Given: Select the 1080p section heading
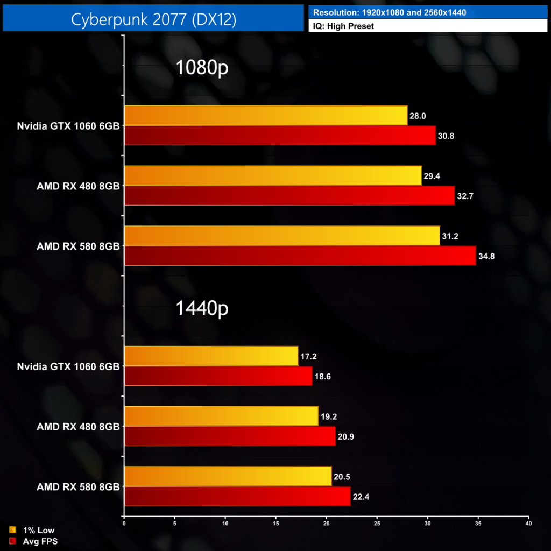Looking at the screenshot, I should [202, 68].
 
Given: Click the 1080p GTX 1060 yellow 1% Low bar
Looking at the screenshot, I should [266, 115].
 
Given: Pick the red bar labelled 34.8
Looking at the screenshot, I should [300, 256].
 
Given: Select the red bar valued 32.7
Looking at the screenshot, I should [289, 195].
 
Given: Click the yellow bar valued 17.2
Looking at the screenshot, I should [211, 356].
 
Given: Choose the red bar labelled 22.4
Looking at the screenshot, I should [237, 496].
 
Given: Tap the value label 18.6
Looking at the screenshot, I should [323, 376].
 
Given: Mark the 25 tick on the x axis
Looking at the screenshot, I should [377, 522].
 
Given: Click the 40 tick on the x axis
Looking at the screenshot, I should [529, 522].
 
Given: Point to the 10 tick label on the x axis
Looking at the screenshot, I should [225, 522].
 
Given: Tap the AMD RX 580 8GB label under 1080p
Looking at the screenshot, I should [78, 246].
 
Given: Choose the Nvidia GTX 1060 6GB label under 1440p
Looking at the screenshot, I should [68, 366].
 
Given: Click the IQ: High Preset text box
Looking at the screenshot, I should [428, 25].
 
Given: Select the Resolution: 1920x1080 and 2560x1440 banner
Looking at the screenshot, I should [428, 12].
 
